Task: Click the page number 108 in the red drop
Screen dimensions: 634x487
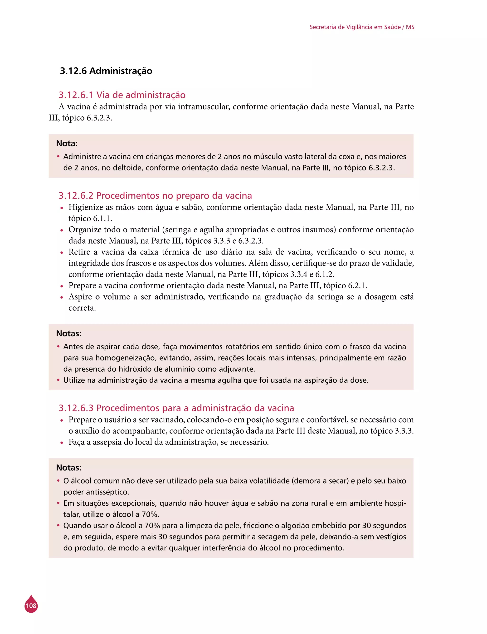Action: coord(31,606)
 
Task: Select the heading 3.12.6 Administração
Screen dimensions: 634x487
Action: coord(106,71)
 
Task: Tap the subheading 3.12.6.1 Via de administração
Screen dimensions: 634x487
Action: coord(122,95)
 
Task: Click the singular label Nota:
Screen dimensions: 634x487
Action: coord(67,143)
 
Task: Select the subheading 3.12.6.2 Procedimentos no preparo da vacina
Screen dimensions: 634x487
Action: coord(155,195)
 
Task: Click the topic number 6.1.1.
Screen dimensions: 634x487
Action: coord(102,219)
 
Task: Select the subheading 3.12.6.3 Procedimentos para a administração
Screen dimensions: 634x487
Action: coord(176,408)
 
